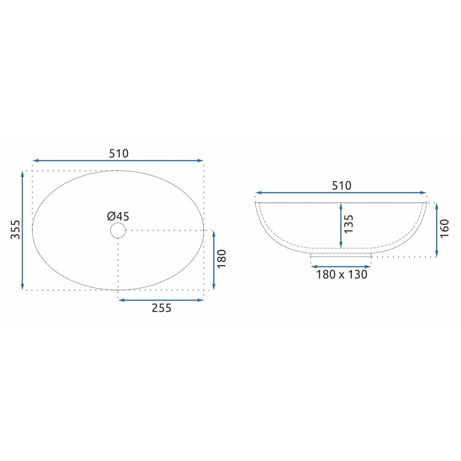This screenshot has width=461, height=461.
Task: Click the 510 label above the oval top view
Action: (119, 154)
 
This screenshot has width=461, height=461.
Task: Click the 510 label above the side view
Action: (341, 185)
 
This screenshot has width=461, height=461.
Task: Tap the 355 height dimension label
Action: (15, 230)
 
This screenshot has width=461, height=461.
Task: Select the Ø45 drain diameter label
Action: (118, 216)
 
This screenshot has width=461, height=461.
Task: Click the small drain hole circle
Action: (118, 223)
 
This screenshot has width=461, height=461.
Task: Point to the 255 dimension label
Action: (161, 308)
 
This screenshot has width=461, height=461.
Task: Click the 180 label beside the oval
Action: (222, 259)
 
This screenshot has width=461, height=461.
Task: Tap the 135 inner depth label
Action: (349, 224)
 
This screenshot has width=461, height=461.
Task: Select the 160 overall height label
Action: (444, 229)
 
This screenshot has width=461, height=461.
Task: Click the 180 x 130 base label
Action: (342, 274)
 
